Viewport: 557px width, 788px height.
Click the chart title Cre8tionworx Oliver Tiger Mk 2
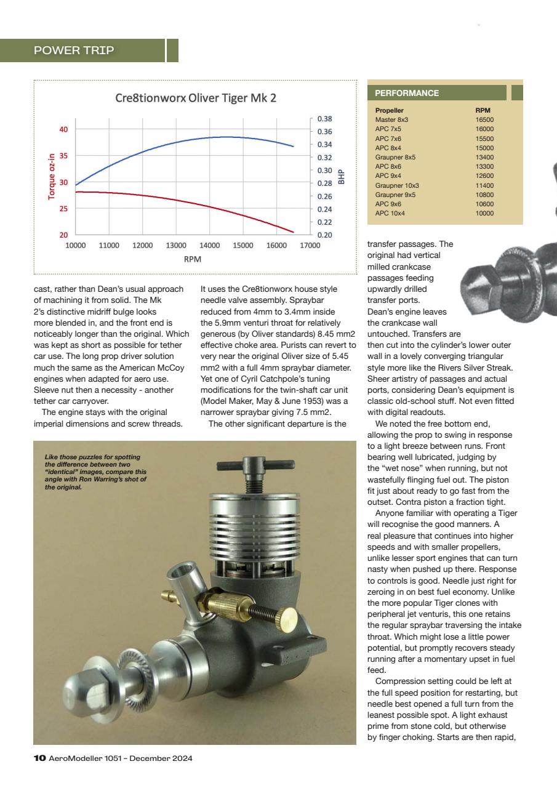tap(196, 98)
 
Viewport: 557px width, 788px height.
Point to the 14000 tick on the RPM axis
tap(210, 245)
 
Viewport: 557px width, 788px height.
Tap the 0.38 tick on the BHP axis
tap(324, 119)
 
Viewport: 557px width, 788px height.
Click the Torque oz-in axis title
tap(52, 177)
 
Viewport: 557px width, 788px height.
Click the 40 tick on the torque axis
tap(63, 129)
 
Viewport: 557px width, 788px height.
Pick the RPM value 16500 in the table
tap(484, 120)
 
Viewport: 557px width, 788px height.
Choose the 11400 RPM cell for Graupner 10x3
tap(484, 185)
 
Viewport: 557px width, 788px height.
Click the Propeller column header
tap(389, 111)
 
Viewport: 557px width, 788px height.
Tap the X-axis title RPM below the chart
tap(192, 260)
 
